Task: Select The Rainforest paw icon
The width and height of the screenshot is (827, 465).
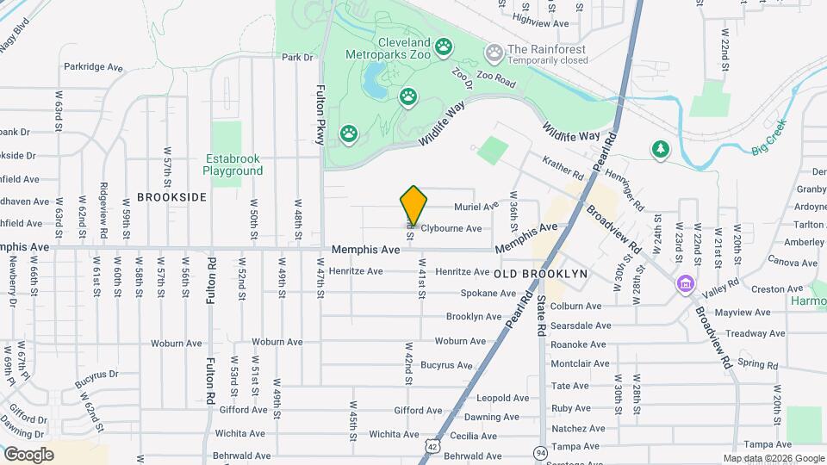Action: tap(494, 54)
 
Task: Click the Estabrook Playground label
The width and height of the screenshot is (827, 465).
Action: tap(233, 164)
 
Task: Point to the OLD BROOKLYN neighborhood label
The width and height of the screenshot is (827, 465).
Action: tap(541, 273)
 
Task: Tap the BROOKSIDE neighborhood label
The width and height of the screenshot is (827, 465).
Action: tap(172, 197)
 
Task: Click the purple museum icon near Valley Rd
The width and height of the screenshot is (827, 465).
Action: tap(686, 282)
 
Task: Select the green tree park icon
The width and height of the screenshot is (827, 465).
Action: tap(661, 149)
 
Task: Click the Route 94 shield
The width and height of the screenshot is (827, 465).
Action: tap(540, 452)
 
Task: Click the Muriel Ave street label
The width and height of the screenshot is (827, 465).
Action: tap(476, 207)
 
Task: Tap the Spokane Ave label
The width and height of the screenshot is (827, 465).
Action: tap(487, 294)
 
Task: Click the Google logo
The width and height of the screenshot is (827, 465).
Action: tap(29, 454)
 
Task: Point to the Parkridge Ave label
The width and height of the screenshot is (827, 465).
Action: tap(94, 65)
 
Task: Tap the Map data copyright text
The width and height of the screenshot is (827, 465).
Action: tap(773, 458)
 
